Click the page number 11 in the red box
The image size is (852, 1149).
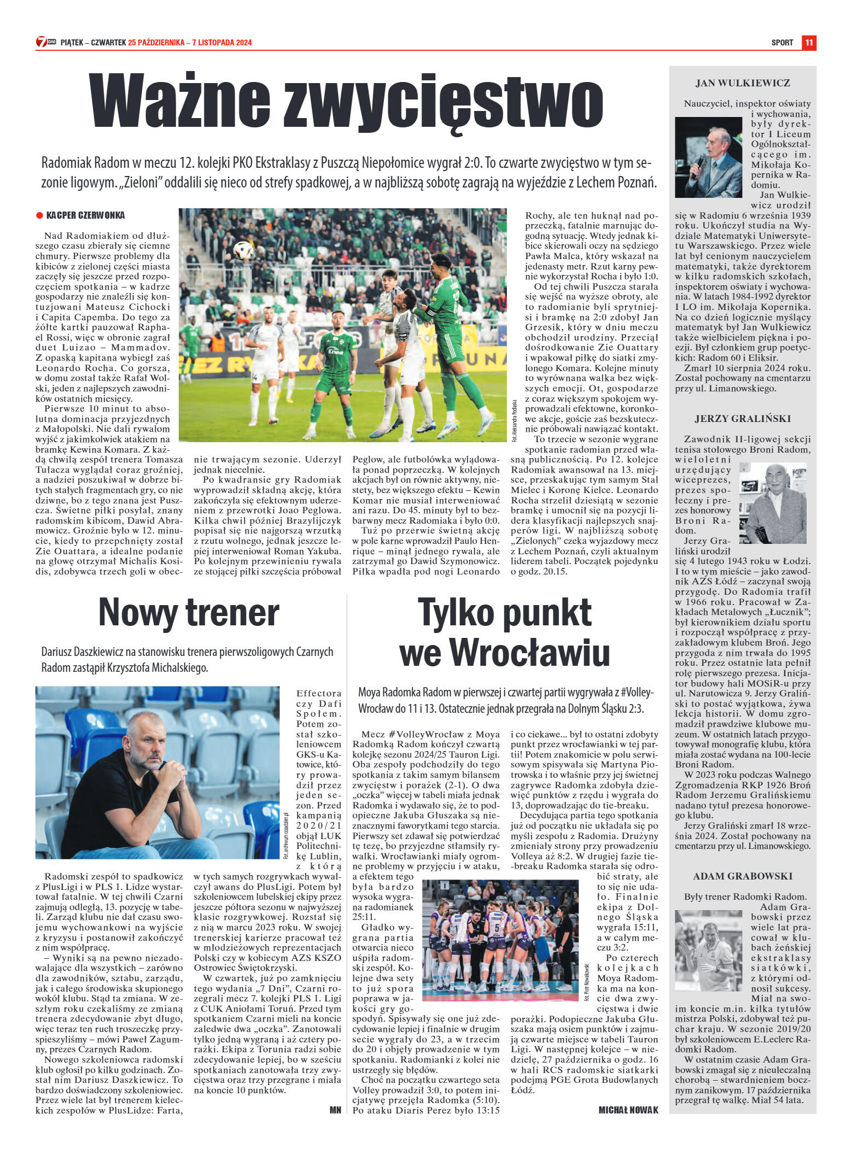(809, 43)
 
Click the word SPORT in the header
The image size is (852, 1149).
(782, 43)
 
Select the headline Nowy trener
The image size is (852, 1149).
(189, 613)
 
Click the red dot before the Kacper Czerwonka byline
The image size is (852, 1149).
(39, 215)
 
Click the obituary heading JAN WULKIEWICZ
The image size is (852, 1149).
(743, 84)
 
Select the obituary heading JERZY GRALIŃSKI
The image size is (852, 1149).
(743, 419)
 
